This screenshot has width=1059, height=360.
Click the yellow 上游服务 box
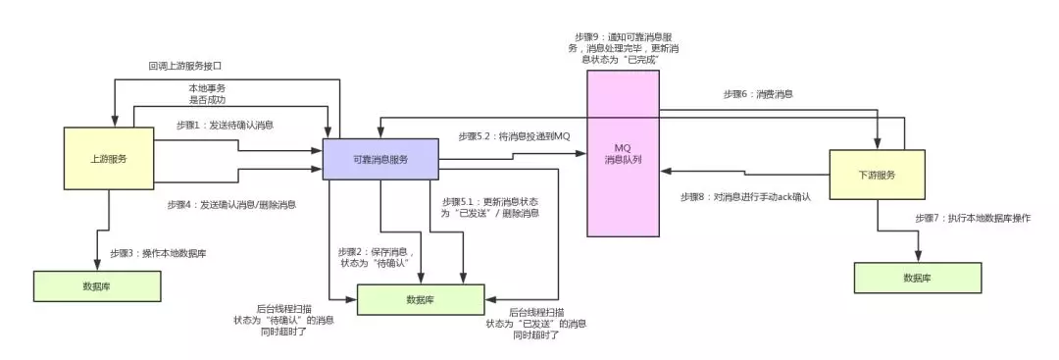[109, 158]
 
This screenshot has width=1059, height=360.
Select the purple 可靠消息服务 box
[380, 159]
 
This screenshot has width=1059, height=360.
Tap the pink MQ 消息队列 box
[623, 153]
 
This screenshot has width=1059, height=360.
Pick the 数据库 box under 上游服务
[96, 286]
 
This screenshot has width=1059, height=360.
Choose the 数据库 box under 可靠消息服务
[420, 300]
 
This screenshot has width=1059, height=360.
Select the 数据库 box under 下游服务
[917, 279]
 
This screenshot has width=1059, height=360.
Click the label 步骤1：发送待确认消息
[226, 125]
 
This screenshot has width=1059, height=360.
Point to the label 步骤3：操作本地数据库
[158, 253]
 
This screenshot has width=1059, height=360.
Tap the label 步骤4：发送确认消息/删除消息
[233, 205]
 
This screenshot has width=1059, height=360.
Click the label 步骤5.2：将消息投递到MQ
[514, 135]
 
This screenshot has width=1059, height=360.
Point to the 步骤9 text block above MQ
[624, 47]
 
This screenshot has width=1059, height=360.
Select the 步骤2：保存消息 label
[376, 257]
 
